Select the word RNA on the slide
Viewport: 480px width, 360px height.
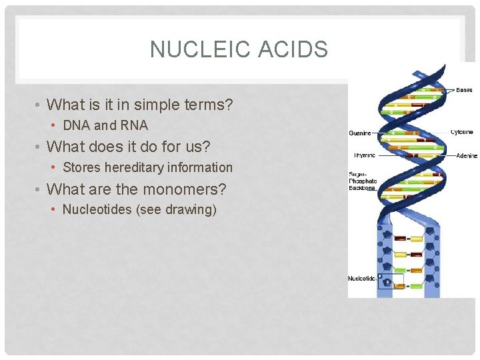[x=133, y=125]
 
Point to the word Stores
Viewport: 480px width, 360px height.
[x=81, y=167]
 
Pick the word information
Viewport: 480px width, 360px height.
[x=200, y=167]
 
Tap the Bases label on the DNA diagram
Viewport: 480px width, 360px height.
[x=464, y=89]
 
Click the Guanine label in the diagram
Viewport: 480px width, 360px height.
[x=360, y=133]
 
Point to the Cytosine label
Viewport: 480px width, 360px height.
[x=463, y=132]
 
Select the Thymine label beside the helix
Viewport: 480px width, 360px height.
[x=365, y=155]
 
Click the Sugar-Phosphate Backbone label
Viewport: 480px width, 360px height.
[x=363, y=181]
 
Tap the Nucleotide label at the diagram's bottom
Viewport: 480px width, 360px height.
[x=362, y=277]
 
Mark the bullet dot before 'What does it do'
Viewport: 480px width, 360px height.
[x=39, y=147]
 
